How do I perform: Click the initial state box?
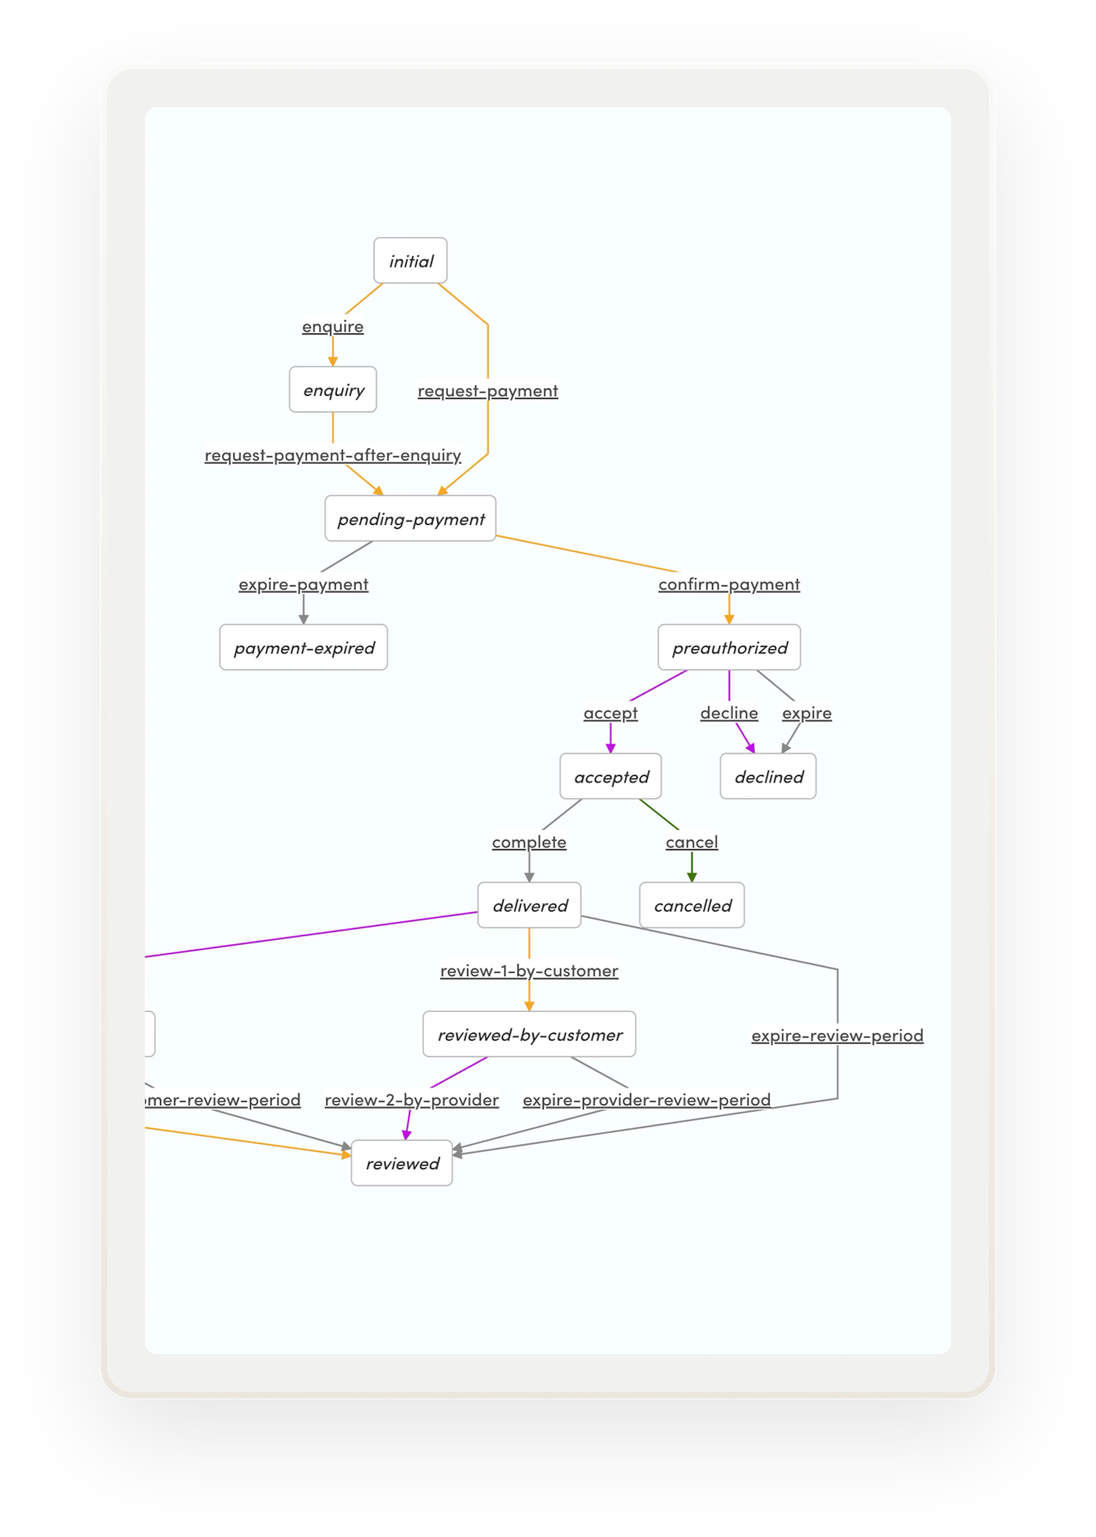pyautogui.click(x=410, y=260)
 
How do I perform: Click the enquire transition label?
pyautogui.click(x=333, y=327)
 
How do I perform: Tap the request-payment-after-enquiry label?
pyautogui.click(x=333, y=456)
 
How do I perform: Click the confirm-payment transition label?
pyautogui.click(x=729, y=584)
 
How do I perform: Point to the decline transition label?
pyautogui.click(x=729, y=713)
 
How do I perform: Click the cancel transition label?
pyautogui.click(x=692, y=842)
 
